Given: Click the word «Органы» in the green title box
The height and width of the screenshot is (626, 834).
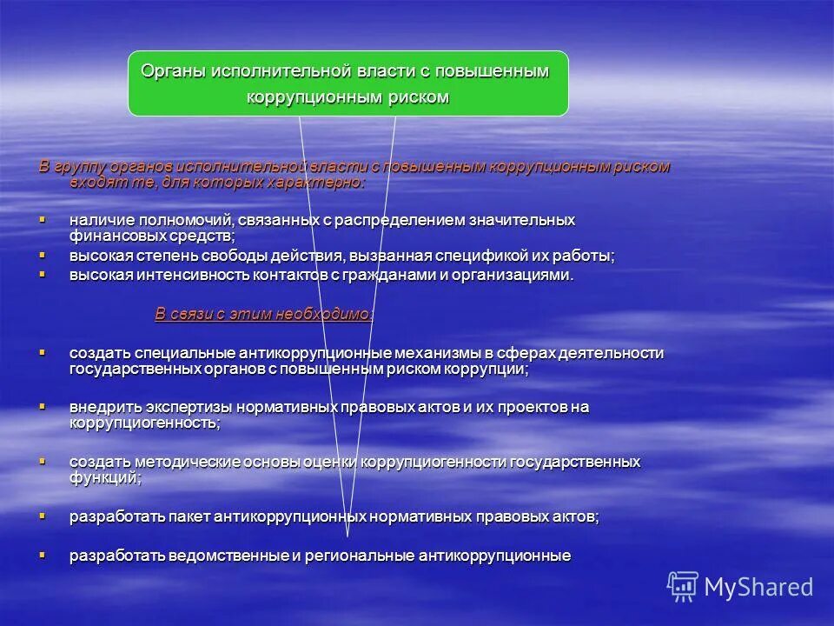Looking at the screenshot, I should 172,71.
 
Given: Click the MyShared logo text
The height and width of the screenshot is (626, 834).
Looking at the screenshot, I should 758,587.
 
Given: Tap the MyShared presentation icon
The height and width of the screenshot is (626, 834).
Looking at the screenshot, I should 683,587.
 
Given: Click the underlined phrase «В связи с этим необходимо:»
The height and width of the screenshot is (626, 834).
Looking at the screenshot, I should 264,315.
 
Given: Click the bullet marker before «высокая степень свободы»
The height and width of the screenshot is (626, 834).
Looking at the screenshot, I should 42,255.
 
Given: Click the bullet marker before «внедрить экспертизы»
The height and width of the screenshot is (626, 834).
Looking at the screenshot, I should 42,406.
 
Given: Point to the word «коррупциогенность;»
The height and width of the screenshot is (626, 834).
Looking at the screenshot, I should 144,423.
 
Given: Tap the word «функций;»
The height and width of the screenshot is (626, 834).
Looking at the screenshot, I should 105,477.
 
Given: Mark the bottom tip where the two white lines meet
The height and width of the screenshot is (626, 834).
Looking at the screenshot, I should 347,536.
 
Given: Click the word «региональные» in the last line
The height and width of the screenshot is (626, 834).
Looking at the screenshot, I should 361,556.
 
